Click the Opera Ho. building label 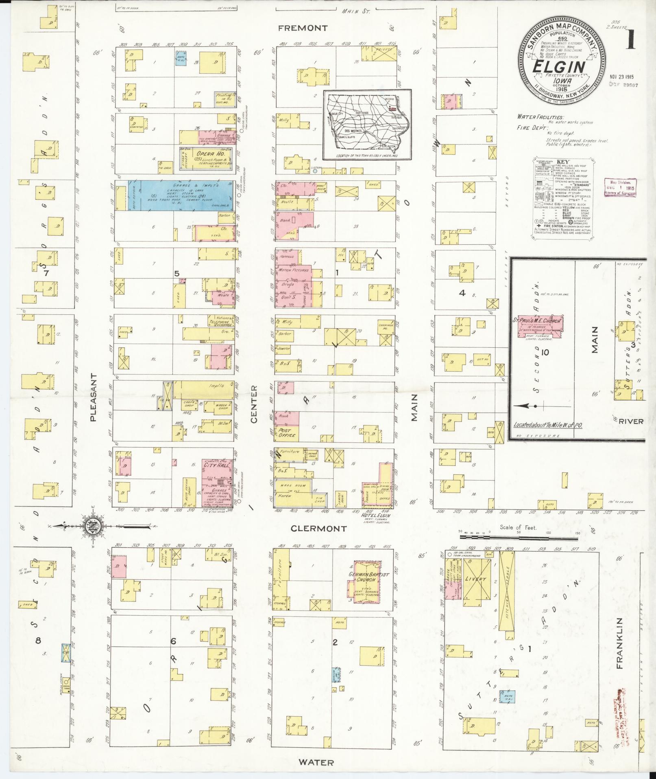[x=205, y=154]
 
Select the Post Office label [x=287, y=432]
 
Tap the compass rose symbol [x=93, y=526]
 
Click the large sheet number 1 [x=629, y=41]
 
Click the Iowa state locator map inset [x=367, y=125]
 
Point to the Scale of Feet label [x=519, y=528]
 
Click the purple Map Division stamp [x=620, y=188]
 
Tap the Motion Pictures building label [x=293, y=270]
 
